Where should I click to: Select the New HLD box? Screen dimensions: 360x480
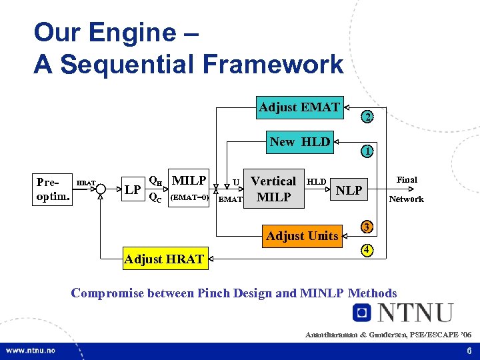[x=300, y=142]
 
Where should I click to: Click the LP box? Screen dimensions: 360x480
[x=133, y=190]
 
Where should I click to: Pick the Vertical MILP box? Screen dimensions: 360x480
[x=273, y=189]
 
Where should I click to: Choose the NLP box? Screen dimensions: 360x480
[x=349, y=191]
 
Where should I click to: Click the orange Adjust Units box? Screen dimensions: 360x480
[x=302, y=235]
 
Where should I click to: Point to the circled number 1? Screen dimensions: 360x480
[x=367, y=151]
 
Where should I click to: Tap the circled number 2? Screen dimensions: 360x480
[x=367, y=117]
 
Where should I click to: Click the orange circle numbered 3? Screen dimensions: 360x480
[x=367, y=227]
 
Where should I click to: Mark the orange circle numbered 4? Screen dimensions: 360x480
[x=367, y=251]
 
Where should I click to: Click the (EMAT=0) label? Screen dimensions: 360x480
[x=190, y=197]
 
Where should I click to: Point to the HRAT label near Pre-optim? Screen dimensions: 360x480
[x=86, y=182]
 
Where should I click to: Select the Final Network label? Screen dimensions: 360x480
[x=407, y=189]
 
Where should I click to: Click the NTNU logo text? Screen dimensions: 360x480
[x=414, y=313]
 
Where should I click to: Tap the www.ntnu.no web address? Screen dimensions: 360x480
[x=31, y=350]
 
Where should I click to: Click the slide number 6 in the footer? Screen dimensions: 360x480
[x=469, y=350]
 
